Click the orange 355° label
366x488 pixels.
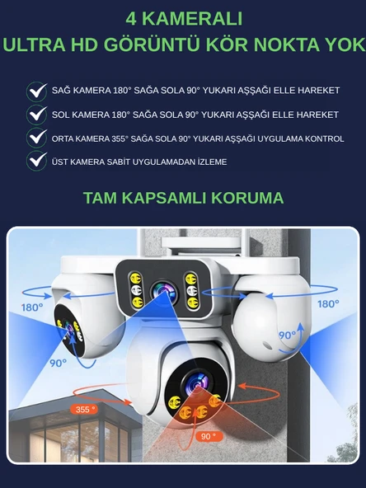click(x=82, y=409)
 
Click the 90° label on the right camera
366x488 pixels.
click(x=286, y=335)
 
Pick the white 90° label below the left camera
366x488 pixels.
click(x=57, y=363)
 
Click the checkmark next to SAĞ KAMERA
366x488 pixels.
click(x=36, y=91)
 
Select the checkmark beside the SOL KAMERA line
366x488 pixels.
click(x=36, y=114)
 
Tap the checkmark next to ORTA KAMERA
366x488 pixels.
click(x=36, y=138)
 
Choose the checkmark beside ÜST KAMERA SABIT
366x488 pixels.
click(x=36, y=161)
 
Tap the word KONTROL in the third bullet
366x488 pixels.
click(x=322, y=138)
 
